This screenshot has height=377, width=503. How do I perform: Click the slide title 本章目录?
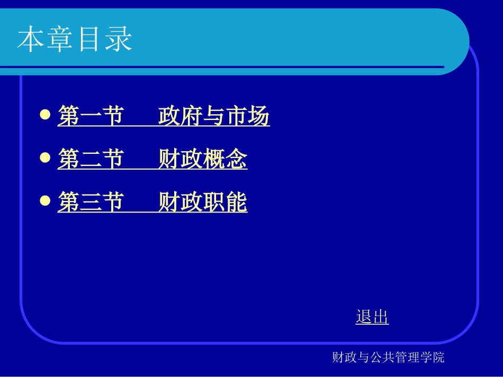[x=75, y=40]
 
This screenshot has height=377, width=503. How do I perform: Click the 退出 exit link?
[x=372, y=317]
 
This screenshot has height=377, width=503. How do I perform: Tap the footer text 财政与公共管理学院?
[x=388, y=357]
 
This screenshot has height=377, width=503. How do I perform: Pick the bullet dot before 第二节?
[x=46, y=158]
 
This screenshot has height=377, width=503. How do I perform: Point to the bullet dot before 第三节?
[x=46, y=201]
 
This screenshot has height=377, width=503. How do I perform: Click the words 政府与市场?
[x=214, y=116]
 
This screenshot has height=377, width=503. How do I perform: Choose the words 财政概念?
[x=203, y=160]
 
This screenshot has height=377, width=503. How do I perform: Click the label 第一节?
[x=91, y=116]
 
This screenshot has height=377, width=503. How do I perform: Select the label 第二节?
[x=91, y=160]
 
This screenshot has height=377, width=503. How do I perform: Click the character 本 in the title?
[x=31, y=40]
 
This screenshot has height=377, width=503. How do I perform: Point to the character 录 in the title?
[x=119, y=40]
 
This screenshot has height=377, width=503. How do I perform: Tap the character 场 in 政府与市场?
[x=258, y=116]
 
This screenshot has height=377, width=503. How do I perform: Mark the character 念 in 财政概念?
[x=236, y=160]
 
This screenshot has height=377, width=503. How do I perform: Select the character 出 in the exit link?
[x=381, y=317]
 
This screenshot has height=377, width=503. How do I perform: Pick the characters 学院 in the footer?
[x=433, y=357]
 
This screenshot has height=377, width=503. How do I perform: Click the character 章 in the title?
[x=60, y=40]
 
